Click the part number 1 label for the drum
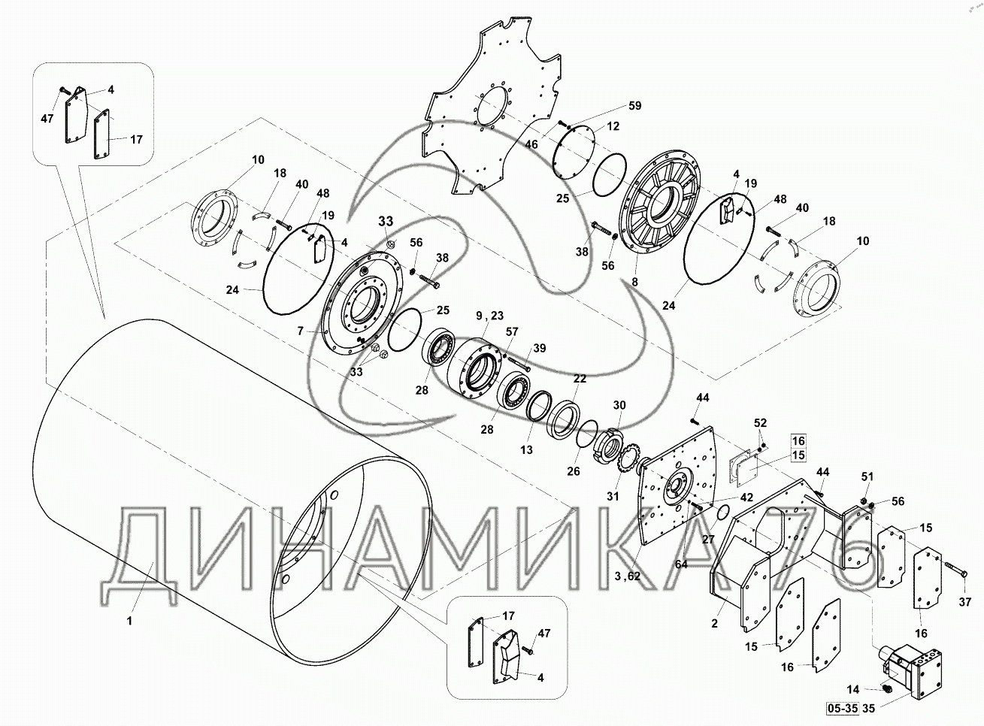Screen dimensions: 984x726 point(129,621)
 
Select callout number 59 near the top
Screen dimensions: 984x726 point(635,105)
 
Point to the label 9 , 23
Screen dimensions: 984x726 point(490,316)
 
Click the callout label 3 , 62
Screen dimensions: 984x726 point(628,576)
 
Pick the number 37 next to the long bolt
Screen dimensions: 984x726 point(965,602)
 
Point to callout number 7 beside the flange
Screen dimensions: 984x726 point(301,331)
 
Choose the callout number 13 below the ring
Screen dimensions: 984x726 point(526,449)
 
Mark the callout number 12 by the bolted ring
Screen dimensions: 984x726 point(613,126)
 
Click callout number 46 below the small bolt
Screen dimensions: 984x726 point(531,144)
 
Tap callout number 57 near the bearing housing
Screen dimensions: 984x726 point(512,331)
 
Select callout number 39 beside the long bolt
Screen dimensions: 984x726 point(540,348)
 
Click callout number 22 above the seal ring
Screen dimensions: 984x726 point(580,378)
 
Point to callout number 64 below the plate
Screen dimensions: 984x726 point(681,564)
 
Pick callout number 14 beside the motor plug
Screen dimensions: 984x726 point(852,689)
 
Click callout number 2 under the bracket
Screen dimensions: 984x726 point(714,623)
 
